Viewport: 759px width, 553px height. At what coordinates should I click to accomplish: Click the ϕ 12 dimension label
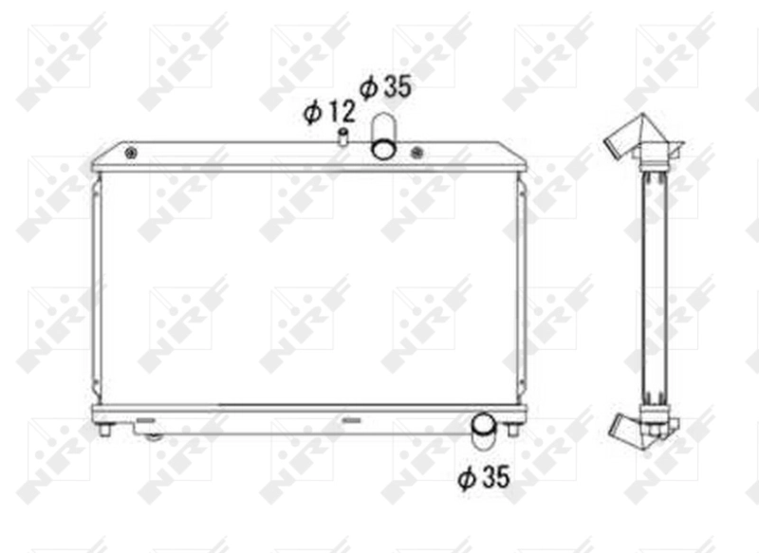click(x=329, y=112)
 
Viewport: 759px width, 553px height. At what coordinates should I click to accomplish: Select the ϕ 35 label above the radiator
click(x=385, y=87)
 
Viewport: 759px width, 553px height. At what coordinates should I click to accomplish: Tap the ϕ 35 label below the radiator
click(x=484, y=478)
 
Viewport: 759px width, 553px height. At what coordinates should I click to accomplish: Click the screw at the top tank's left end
click(x=131, y=154)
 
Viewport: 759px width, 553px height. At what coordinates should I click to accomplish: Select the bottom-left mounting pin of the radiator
click(x=104, y=430)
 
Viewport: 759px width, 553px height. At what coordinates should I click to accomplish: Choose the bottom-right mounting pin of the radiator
click(x=512, y=430)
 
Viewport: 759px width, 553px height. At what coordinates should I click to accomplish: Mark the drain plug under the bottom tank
click(x=152, y=435)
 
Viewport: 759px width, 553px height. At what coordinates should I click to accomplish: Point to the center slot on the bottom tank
click(x=350, y=417)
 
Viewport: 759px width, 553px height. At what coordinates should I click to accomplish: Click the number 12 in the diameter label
click(x=341, y=112)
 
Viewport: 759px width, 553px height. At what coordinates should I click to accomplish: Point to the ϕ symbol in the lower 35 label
click(x=465, y=479)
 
